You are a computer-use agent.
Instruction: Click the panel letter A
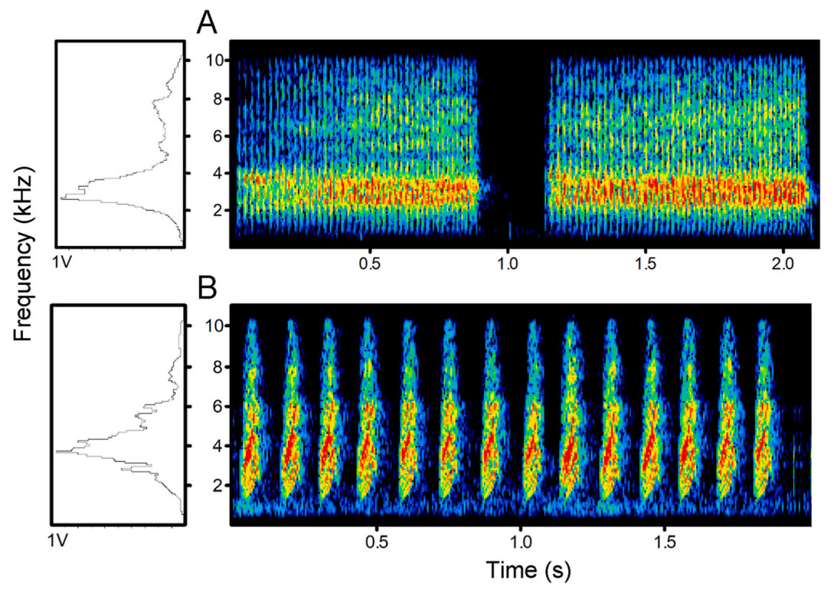tap(207, 22)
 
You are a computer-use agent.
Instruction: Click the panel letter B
tap(207, 288)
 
